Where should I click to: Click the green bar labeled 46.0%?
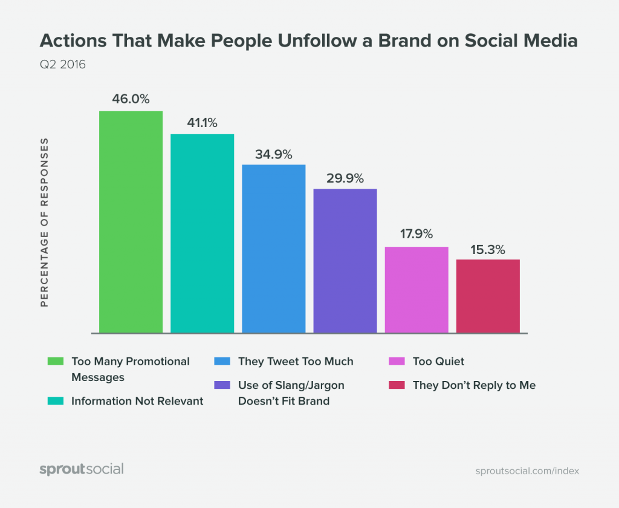pyautogui.click(x=131, y=221)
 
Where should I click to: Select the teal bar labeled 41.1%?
pyautogui.click(x=202, y=233)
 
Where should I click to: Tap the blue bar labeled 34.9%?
pyautogui.click(x=273, y=248)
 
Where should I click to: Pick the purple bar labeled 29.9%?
pyautogui.click(x=345, y=260)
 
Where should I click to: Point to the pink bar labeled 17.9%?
pyautogui.click(x=416, y=289)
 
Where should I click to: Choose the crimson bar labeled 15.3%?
pyautogui.click(x=488, y=296)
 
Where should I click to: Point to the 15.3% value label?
pyautogui.click(x=488, y=249)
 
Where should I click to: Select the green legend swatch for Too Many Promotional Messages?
pyautogui.click(x=56, y=362)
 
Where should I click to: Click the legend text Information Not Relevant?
pyautogui.click(x=137, y=400)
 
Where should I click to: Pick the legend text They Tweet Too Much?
pyautogui.click(x=296, y=362)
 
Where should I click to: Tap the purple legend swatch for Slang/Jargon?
pyautogui.click(x=222, y=385)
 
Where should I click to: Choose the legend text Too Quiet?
pyautogui.click(x=438, y=362)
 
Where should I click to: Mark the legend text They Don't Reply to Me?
pyautogui.click(x=474, y=385)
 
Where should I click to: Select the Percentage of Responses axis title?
pyautogui.click(x=44, y=223)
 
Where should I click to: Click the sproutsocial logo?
pyautogui.click(x=81, y=469)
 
